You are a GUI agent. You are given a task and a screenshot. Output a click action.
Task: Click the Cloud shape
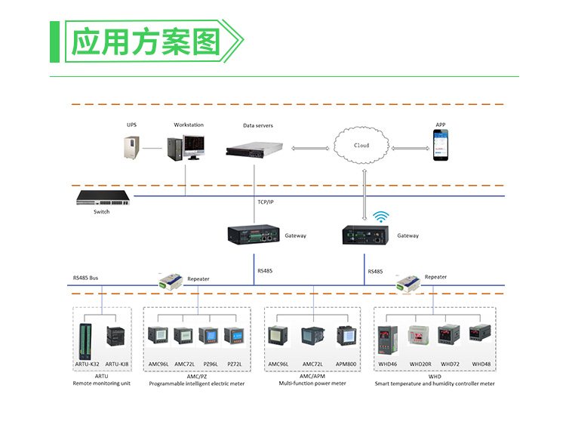click(x=362, y=145)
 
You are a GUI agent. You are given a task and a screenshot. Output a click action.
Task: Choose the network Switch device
click(x=102, y=198)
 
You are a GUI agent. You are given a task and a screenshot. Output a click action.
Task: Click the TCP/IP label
click(x=266, y=202)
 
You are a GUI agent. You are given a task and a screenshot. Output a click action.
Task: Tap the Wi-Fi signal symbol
click(x=382, y=217)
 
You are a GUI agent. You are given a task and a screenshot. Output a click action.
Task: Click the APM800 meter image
click(x=346, y=337)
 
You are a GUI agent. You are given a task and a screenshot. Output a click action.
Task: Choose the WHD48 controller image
click(x=481, y=337)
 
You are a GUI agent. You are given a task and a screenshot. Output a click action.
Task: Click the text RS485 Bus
click(x=85, y=278)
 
